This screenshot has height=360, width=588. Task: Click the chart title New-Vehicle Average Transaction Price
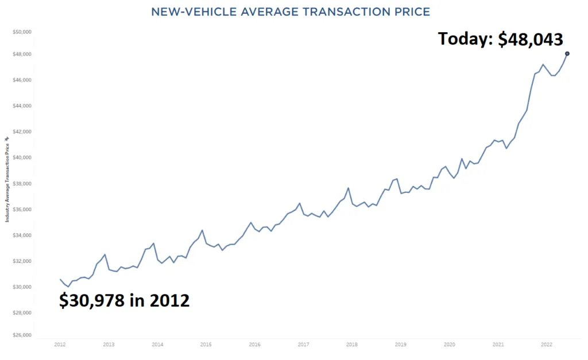[290, 11]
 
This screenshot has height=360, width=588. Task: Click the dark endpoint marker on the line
[567, 53]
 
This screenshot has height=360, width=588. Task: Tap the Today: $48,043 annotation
[500, 38]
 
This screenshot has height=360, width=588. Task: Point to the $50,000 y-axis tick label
[22, 32]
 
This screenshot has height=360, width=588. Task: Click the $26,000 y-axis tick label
[22, 335]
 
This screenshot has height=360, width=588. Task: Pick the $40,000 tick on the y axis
[22, 158]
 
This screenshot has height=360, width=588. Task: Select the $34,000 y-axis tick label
[22, 235]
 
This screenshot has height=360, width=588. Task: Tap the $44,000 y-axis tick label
[22, 106]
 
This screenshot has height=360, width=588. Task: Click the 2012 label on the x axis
[60, 345]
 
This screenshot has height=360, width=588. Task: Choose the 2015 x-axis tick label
[206, 345]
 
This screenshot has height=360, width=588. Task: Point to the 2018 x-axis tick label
[352, 345]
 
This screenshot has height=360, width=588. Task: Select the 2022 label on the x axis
[547, 345]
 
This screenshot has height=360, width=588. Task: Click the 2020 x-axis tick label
[450, 345]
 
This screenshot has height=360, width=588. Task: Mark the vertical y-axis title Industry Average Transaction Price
[7, 179]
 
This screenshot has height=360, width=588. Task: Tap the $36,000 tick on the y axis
[22, 210]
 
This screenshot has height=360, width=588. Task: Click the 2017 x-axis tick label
[303, 345]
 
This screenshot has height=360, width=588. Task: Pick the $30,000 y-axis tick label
[22, 287]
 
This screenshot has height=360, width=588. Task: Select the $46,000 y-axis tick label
[22, 80]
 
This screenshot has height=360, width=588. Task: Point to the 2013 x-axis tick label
[109, 345]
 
